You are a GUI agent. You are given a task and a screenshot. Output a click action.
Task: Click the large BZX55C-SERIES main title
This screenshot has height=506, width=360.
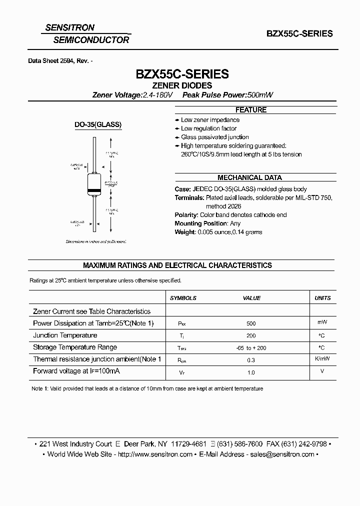pos(182,74)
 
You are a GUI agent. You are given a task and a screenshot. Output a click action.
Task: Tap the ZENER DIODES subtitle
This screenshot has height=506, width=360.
pos(182,85)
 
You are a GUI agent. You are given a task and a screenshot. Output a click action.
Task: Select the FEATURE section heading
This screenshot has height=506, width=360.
pos(251,110)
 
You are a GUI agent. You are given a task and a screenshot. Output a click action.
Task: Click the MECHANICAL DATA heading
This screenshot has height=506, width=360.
pos(249,177)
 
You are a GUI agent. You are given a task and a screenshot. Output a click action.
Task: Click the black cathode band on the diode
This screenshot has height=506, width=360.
pos(95,191)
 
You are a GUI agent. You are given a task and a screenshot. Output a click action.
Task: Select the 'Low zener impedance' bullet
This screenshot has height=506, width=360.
pos(210,120)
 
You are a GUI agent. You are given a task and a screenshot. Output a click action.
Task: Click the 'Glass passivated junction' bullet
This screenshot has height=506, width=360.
pos(214,137)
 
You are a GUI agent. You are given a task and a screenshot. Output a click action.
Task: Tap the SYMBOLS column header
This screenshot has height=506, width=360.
pos(183,298)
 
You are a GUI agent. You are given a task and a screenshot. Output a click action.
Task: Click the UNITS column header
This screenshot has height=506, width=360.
pos(322,298)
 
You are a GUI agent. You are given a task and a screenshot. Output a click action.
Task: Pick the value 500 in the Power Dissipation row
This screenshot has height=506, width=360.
pos(251,323)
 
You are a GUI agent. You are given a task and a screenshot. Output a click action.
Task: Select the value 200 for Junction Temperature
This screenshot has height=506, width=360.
pos(251,336)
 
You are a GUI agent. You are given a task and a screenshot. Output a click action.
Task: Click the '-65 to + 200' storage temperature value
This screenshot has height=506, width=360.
pos(251,348)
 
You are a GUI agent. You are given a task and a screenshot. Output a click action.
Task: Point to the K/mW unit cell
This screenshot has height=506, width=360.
pos(322,359)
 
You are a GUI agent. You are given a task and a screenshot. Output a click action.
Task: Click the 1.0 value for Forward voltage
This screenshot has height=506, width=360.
pos(251,372)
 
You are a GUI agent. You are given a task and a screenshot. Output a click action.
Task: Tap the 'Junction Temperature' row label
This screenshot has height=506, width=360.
pos(65,335)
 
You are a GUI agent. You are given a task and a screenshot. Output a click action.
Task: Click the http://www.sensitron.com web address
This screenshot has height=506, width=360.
pos(156,454)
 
